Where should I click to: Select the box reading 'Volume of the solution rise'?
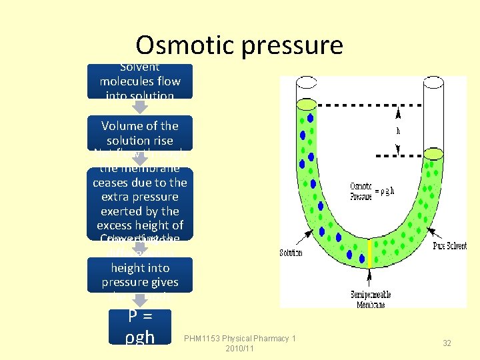tap(140, 133)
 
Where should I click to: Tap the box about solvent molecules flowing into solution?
tap(140, 81)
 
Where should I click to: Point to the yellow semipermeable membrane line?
tap(369, 253)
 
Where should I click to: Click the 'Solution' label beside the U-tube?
tap(291, 253)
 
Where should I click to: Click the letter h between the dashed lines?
tap(398, 131)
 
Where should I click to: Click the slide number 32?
tap(447, 343)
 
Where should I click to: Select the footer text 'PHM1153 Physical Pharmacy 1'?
tap(241, 339)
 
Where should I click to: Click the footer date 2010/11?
tap(241, 349)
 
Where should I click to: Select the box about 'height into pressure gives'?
tap(140, 275)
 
